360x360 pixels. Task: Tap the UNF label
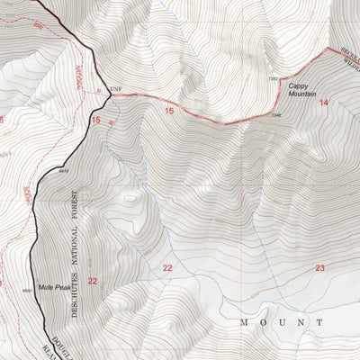click(114, 88)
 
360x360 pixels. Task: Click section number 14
click(323, 103)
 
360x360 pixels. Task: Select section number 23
click(319, 268)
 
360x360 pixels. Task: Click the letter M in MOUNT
click(244, 321)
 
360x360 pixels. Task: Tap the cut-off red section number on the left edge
click(2, 120)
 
